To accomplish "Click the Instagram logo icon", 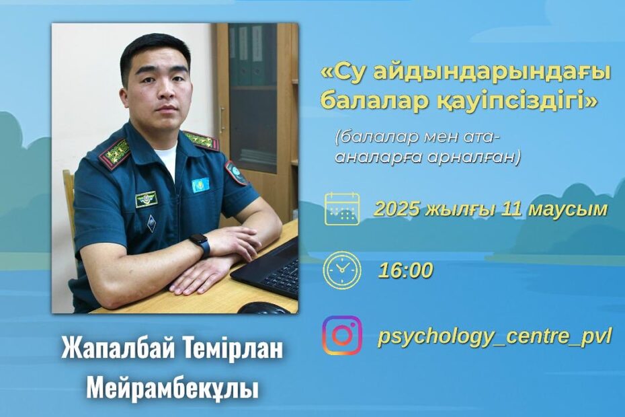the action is pos(342,336).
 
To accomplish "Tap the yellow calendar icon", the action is pos(342,208).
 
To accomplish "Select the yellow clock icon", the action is pos(342,270).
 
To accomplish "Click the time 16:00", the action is pos(405,270).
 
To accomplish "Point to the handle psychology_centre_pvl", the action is pos(494,337).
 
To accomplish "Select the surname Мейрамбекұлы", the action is pos(172,389).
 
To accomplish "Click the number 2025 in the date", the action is pos(397,209).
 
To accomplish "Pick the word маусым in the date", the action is pos(568,209).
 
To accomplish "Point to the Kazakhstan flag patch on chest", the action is pos(200,185).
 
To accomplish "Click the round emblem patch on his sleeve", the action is pos(236,173).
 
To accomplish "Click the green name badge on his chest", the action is pos(147,199).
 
